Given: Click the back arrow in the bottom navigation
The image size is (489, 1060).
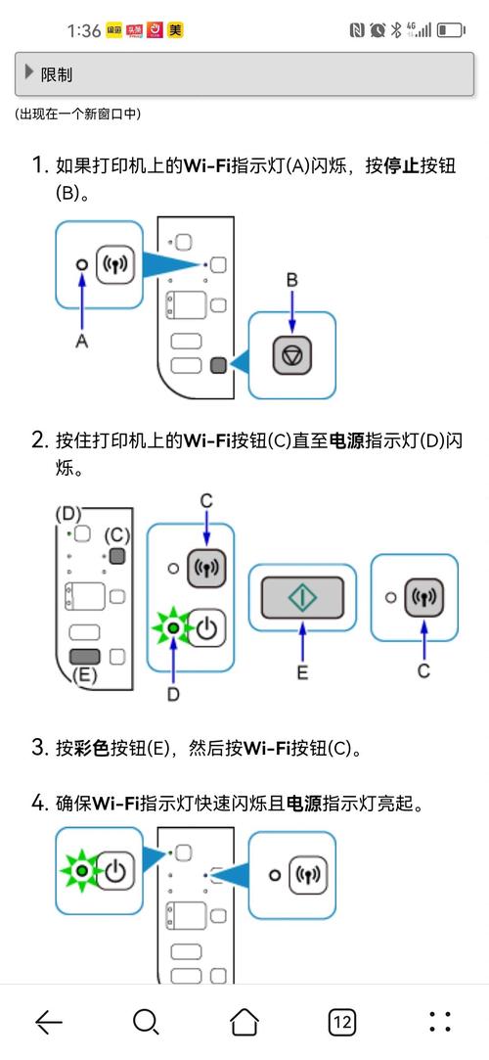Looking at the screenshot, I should point(49,1022).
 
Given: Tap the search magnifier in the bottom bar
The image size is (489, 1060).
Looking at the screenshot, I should point(146,1022).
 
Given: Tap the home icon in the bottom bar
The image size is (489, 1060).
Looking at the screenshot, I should point(244,1022).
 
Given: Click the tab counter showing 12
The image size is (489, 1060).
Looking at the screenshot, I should point(341,1022).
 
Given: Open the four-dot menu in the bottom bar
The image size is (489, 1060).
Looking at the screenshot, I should point(440,1022).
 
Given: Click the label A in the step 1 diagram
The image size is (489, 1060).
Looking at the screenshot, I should point(82,341).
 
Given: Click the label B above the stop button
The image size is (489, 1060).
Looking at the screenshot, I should point(290,281).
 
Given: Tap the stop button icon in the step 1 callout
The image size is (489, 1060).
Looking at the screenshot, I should point(290,354).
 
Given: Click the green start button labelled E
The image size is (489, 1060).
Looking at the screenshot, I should point(302,595).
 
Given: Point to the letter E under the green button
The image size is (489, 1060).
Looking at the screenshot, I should point(302,672).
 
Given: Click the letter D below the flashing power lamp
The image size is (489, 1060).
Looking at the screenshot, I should point(173,694).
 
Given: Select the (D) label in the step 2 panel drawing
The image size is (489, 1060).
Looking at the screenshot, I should point(68,513).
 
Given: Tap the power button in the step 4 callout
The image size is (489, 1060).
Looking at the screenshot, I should point(115,870).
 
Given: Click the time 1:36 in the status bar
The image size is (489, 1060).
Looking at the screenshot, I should point(84,30).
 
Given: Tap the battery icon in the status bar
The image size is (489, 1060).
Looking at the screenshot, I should point(451,30).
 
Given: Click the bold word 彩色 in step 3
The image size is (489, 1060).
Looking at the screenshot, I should point(91,749).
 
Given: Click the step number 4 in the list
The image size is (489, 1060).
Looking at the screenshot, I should point(38,804).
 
